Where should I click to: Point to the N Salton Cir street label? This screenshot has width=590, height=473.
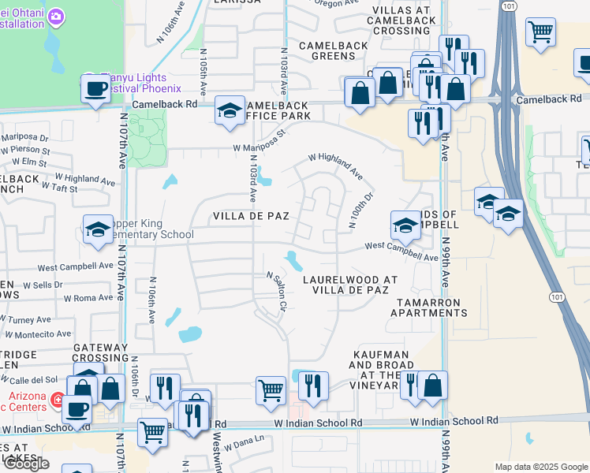point(278,291)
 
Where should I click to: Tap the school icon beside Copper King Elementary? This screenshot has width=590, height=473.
point(97,229)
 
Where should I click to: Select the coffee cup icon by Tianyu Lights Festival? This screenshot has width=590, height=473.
point(95,88)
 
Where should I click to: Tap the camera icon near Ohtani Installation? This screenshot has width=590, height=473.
point(56,16)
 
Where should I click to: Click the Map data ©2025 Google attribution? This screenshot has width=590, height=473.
point(541,467)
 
